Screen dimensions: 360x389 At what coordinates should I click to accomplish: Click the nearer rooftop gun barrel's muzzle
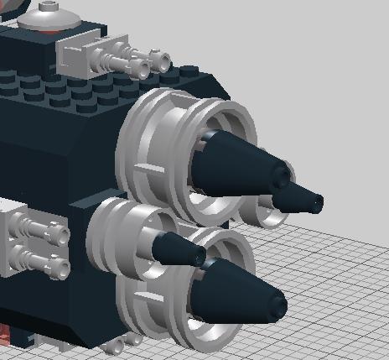click(x=135, y=67)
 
